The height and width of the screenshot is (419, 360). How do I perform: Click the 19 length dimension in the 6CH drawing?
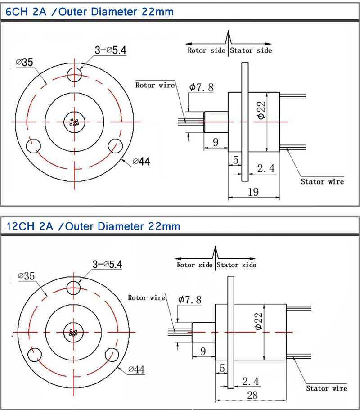(x=253, y=192)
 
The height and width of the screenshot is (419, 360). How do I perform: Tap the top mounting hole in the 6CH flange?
(x=75, y=74)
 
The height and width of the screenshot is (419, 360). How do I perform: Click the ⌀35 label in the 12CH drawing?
(x=26, y=275)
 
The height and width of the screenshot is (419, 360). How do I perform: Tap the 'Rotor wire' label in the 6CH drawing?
(x=155, y=85)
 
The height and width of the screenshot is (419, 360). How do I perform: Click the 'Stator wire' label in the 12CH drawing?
(x=327, y=388)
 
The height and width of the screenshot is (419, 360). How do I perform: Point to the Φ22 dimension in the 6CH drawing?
(x=261, y=110)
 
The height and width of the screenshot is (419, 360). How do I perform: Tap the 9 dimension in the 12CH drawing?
(x=202, y=351)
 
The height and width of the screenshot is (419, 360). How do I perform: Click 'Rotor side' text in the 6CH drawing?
(x=206, y=50)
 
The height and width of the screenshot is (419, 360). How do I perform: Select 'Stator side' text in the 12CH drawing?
(x=236, y=265)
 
